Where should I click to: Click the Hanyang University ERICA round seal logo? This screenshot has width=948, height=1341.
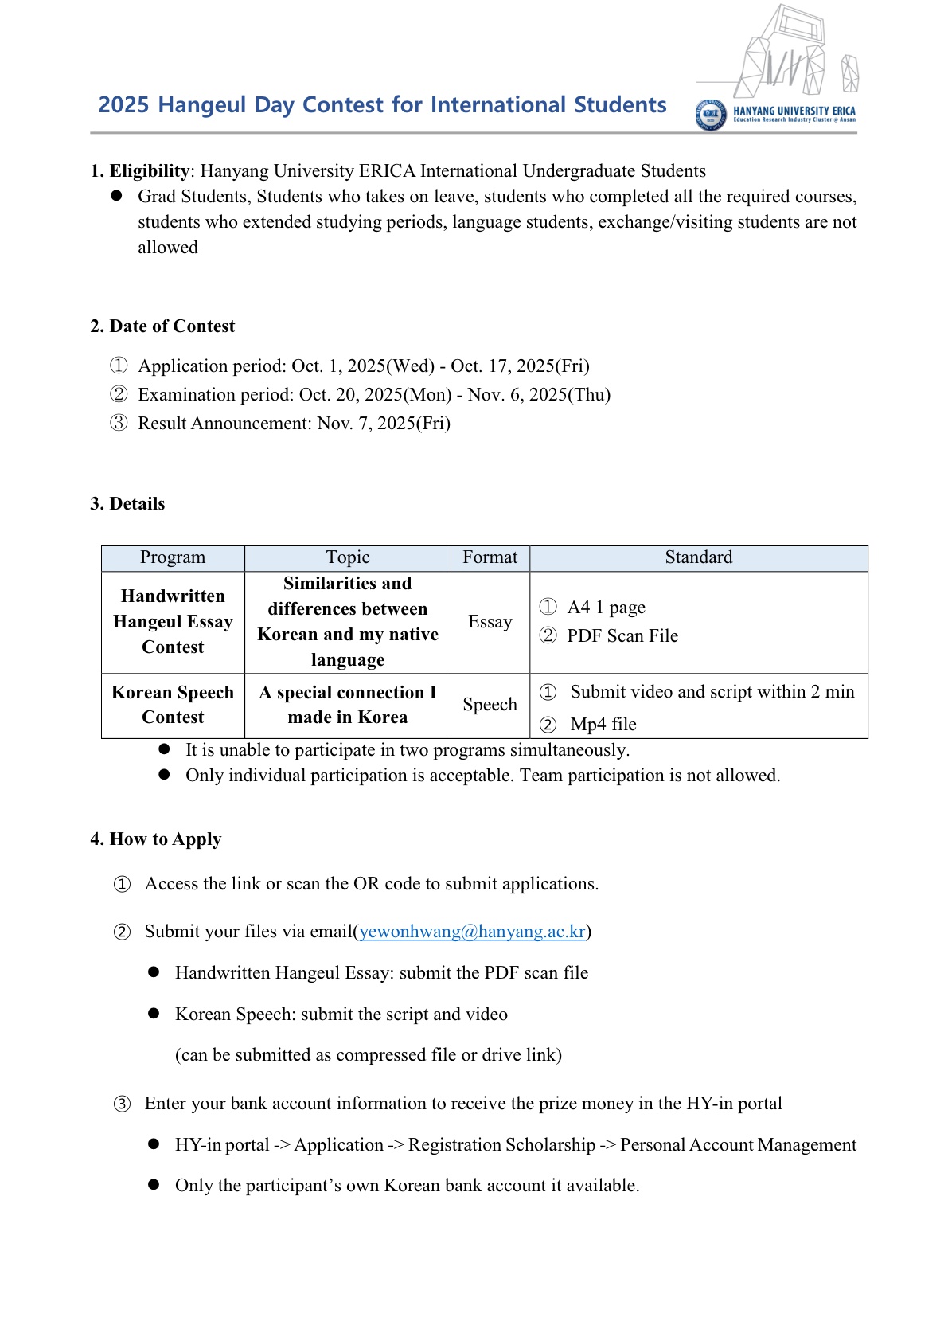pos(710,115)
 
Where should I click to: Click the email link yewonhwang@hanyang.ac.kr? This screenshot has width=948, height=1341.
pos(472,932)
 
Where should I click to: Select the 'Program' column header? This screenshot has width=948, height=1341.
pos(173,557)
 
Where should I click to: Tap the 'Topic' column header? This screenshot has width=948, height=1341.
pos(348,557)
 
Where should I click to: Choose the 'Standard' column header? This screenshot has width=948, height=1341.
pos(698,557)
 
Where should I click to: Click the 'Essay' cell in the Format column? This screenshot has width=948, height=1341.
pos(490,622)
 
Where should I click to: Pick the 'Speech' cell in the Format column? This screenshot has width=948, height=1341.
pos(490,705)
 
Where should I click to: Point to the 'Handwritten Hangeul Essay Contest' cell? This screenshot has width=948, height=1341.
pos(173,622)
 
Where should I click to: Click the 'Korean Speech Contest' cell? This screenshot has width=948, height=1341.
pos(173,705)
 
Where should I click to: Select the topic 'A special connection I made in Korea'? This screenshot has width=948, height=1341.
pos(348,705)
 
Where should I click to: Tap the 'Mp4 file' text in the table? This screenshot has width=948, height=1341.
pos(603,725)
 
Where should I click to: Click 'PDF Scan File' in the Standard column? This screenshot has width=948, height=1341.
pos(622,636)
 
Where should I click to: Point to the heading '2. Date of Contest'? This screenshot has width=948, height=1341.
pos(162,326)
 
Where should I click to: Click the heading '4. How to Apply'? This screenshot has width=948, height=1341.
pos(156,839)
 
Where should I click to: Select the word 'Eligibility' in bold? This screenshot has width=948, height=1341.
pos(150,171)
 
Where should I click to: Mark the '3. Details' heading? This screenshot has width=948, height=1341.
pos(127,504)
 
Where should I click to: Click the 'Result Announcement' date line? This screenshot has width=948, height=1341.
pos(294,424)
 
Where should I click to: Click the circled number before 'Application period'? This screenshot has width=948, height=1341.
pos(119,366)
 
